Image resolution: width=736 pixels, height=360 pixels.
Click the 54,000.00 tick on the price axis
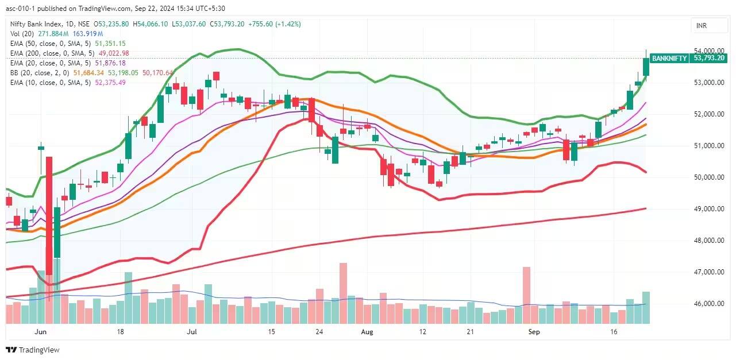click(x=710, y=51)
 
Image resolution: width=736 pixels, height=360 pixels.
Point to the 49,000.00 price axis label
click(x=710, y=208)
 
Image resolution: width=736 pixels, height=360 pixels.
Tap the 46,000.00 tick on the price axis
click(x=710, y=303)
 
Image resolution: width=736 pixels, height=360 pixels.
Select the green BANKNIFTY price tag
click(x=669, y=58)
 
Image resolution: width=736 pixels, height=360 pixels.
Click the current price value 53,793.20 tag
click(x=710, y=58)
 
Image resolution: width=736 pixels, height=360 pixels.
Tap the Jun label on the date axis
click(x=40, y=332)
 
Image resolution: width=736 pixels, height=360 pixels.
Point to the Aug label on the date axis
click(x=368, y=332)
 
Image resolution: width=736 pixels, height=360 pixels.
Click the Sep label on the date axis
click(x=534, y=332)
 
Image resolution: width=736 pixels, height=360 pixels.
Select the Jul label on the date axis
click(x=192, y=332)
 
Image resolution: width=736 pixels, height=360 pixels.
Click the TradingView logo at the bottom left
click(x=33, y=350)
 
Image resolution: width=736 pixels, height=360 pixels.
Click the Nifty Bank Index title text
click(x=36, y=24)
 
